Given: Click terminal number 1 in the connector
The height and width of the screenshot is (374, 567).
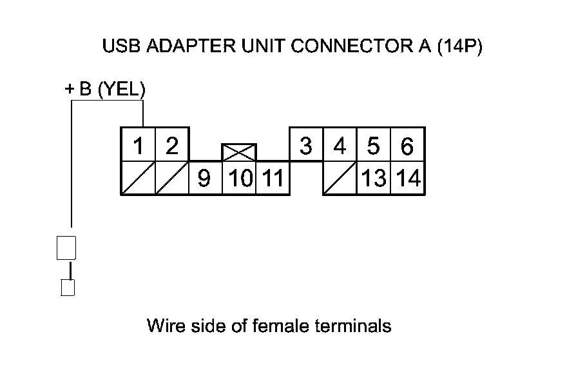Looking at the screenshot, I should point(138,145).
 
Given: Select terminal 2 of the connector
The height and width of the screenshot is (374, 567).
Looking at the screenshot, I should point(171,145).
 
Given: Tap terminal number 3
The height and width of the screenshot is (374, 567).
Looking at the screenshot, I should point(306,146).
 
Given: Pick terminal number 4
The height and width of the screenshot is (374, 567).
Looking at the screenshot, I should point(340,146).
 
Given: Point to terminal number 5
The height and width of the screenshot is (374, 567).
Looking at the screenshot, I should point(373,146).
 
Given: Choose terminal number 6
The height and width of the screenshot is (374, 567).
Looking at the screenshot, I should point(407,146).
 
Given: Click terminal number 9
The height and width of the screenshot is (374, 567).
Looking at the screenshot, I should point(204,178).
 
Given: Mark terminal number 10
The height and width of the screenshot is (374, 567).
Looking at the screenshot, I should point(239,178).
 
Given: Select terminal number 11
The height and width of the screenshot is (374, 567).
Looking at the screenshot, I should point(273,178).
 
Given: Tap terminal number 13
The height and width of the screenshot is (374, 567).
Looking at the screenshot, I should point(373,178).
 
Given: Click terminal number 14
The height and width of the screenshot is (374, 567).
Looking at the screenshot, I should point(408,178).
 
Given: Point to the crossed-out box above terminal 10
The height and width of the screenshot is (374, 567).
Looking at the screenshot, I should point(239,152).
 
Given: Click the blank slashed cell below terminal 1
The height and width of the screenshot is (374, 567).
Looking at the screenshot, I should point(138,178).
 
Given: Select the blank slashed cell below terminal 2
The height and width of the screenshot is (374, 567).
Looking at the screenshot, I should point(171,178).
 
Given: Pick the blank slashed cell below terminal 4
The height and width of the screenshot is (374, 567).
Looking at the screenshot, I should point(340,178).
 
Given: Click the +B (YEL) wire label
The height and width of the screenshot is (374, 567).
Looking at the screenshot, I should point(106,90).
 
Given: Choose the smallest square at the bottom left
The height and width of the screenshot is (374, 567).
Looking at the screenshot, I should point(68,287).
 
